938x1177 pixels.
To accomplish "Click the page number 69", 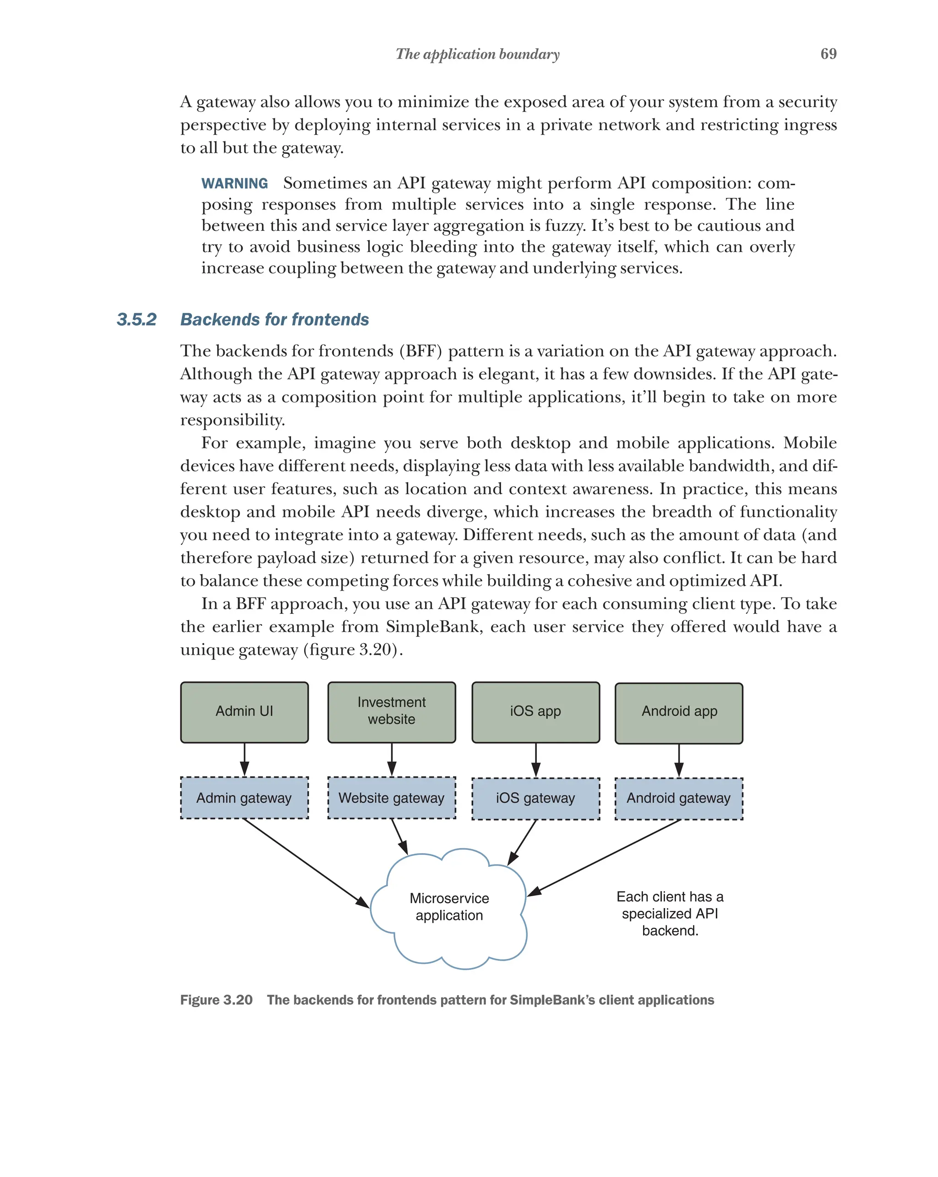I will pyautogui.click(x=828, y=54).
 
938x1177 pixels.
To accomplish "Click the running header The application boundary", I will pyautogui.click(x=477, y=54).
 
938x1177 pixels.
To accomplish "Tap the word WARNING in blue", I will pyautogui.click(x=234, y=183).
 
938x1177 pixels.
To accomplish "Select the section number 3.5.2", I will pyautogui.click(x=136, y=319).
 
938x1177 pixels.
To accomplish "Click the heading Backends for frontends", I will pyautogui.click(x=274, y=319).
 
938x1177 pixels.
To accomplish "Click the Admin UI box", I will pyautogui.click(x=244, y=712).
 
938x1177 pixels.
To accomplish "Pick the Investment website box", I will pyautogui.click(x=391, y=712).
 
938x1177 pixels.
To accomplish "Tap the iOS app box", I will pyautogui.click(x=535, y=712).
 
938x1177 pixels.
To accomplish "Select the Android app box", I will pyautogui.click(x=679, y=712).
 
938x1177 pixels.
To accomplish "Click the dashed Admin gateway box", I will pyautogui.click(x=244, y=798).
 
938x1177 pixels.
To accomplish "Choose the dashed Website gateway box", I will pyautogui.click(x=391, y=798).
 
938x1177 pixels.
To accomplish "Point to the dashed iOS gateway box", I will pyautogui.click(x=535, y=798).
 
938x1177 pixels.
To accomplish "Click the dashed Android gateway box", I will pyautogui.click(x=679, y=798).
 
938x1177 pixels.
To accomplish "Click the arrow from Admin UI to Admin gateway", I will pyautogui.click(x=245, y=759).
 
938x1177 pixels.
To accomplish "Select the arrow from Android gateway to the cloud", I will pyautogui.click(x=605, y=857).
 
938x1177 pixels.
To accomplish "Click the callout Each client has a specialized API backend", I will pyautogui.click(x=670, y=913).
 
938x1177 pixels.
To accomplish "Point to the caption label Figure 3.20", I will pyautogui.click(x=216, y=1000).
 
